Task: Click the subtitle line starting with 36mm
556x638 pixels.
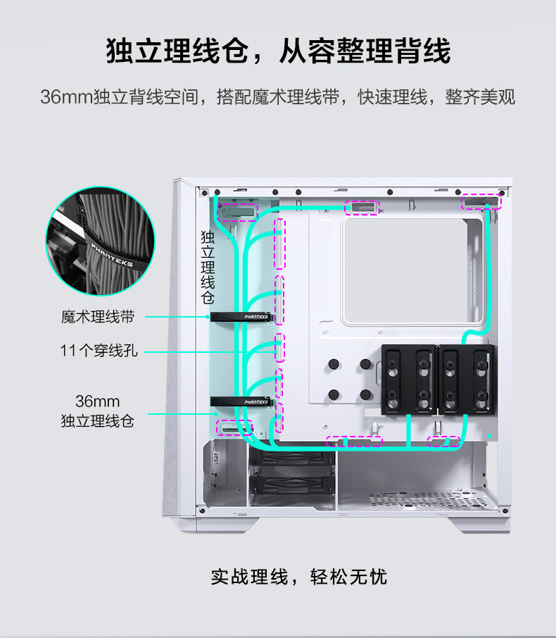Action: [278, 96]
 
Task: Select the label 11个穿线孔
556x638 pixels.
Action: [99, 350]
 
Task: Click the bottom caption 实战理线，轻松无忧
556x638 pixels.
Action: [299, 577]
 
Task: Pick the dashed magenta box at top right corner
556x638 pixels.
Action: [483, 203]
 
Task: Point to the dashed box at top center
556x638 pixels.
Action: [362, 208]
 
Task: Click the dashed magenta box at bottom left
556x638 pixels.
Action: [236, 427]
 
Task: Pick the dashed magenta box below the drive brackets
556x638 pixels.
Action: [444, 442]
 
